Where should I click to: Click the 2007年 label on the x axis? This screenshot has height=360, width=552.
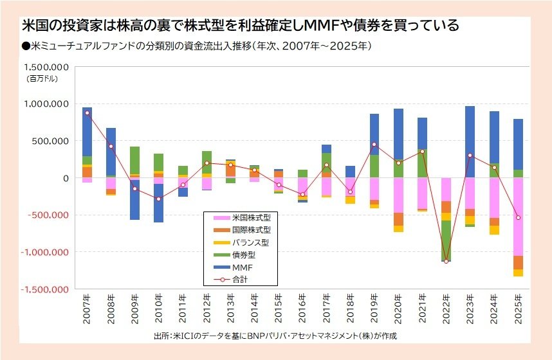pyautogui.click(x=87, y=310)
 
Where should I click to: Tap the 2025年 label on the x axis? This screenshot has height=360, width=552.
pyautogui.click(x=518, y=310)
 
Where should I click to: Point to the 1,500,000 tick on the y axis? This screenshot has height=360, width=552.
pyautogui.click(x=47, y=67)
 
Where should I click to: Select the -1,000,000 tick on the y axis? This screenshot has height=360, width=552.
pyautogui.click(x=46, y=253)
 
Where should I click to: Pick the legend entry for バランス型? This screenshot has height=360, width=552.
pyautogui.click(x=250, y=242)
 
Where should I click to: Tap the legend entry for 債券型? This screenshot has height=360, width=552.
pyautogui.click(x=244, y=255)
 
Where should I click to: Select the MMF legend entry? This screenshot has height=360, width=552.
pyautogui.click(x=242, y=267)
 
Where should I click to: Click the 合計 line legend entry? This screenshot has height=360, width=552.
pyautogui.click(x=241, y=280)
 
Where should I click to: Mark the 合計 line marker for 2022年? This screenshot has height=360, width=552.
pyautogui.click(x=446, y=261)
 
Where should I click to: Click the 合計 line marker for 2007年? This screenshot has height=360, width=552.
pyautogui.click(x=87, y=113)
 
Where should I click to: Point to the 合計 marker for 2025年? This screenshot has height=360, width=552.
pyautogui.click(x=518, y=218)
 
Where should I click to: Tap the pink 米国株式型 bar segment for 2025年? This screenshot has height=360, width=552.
pyautogui.click(x=518, y=216)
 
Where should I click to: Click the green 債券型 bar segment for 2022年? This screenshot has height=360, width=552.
pyautogui.click(x=446, y=241)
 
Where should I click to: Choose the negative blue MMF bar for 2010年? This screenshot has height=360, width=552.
pyautogui.click(x=158, y=203)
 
